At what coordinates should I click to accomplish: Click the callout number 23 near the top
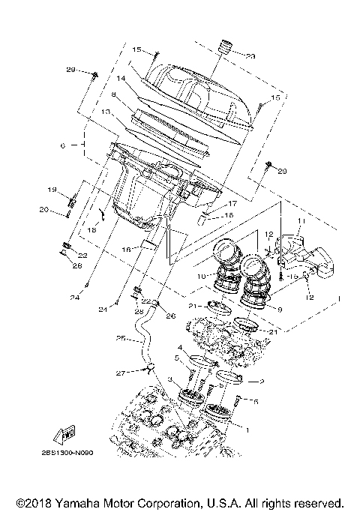250,55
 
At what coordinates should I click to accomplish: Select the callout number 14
119,78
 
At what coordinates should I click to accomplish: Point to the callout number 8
113,95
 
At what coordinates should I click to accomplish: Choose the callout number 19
53,189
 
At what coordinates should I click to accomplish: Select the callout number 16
128,248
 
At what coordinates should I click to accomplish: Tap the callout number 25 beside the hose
121,337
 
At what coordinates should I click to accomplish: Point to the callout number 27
119,373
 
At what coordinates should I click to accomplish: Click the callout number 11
301,221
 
